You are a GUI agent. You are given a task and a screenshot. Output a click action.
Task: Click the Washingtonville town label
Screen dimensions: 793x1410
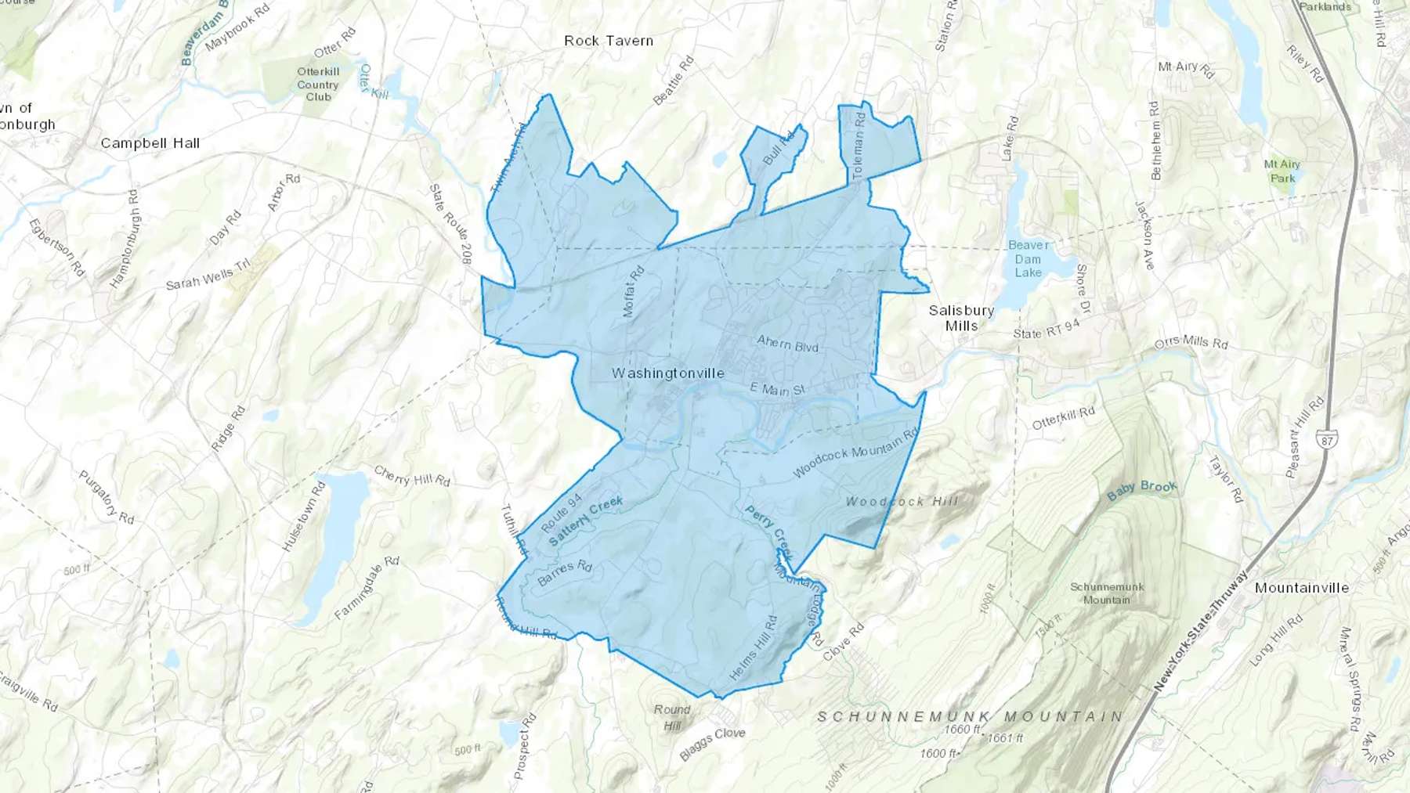point(667,373)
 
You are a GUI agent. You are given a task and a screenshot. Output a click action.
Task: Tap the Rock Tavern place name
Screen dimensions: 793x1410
point(609,41)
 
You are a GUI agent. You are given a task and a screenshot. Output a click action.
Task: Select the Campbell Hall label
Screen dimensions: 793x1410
point(150,143)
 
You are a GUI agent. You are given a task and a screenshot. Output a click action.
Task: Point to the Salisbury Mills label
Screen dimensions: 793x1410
point(961,318)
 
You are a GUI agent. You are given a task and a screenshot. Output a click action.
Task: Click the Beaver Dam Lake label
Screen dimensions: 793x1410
point(1028,259)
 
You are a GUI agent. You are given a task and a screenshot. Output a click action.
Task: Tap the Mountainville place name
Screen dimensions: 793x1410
point(1301,588)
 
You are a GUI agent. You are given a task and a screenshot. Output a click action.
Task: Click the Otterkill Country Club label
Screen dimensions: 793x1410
point(318,85)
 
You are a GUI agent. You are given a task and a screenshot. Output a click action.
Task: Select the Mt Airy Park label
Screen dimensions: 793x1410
point(1282,171)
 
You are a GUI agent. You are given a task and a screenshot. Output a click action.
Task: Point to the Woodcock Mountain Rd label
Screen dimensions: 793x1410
point(855,453)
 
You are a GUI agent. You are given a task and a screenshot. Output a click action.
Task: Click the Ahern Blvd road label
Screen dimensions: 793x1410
point(787,344)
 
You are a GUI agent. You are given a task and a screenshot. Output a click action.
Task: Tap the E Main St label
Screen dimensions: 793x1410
point(777,389)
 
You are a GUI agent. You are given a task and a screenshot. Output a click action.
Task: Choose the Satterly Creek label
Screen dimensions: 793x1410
point(586,521)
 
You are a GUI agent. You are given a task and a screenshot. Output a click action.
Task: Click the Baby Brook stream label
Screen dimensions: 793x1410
point(1141,491)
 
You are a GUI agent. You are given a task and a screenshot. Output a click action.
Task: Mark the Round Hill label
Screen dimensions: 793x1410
point(672,717)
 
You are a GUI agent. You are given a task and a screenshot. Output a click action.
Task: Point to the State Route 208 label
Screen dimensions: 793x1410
point(450,223)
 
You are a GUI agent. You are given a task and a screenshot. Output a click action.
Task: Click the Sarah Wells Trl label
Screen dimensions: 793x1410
point(208,274)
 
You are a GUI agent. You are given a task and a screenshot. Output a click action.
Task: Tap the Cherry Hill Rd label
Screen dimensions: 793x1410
point(412,476)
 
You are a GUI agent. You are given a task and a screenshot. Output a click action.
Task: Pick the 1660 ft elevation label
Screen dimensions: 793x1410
point(962,729)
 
